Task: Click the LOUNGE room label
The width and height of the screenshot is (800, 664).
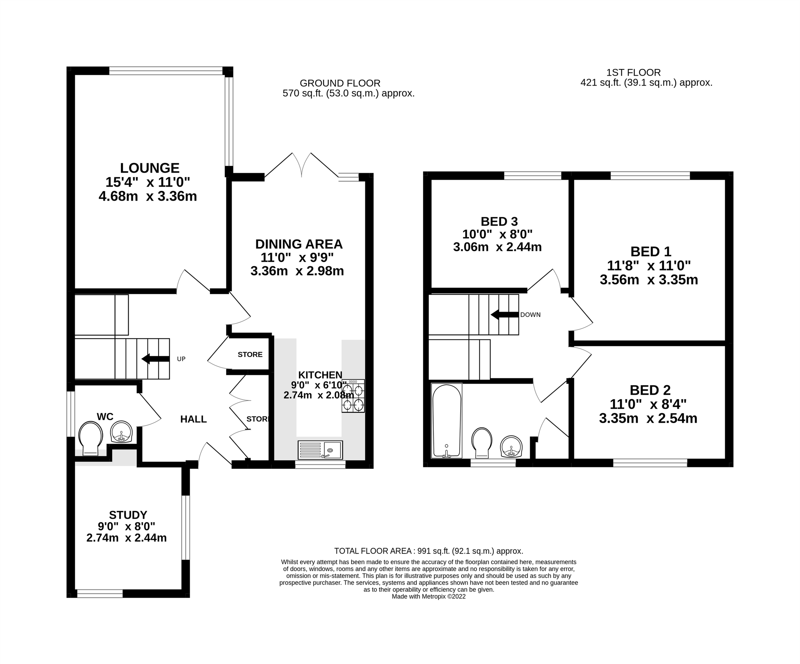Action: pyautogui.click(x=150, y=168)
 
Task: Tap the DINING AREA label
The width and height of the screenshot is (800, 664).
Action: pyautogui.click(x=299, y=244)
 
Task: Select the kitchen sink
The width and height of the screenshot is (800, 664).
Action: pyautogui.click(x=320, y=450)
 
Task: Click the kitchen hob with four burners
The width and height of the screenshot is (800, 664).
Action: pyautogui.click(x=353, y=396)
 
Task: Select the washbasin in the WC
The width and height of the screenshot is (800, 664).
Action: pyautogui.click(x=121, y=432)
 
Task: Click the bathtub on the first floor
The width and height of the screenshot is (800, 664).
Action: pyautogui.click(x=447, y=421)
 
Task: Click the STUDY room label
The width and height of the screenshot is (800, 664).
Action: pyautogui.click(x=128, y=515)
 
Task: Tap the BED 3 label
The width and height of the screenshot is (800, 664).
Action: pyautogui.click(x=499, y=221)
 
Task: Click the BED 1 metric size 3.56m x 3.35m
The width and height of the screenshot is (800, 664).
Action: pyautogui.click(x=649, y=280)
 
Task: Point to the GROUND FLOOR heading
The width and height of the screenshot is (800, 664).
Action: pyautogui.click(x=340, y=83)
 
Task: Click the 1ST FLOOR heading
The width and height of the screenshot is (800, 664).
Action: pyautogui.click(x=634, y=72)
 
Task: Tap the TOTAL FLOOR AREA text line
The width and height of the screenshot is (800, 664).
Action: pyautogui.click(x=429, y=551)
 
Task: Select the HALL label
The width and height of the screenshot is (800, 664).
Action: pyautogui.click(x=194, y=419)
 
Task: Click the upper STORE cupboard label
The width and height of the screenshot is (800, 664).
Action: pyautogui.click(x=250, y=355)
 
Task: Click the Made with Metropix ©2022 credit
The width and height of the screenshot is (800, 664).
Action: pyautogui.click(x=429, y=596)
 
